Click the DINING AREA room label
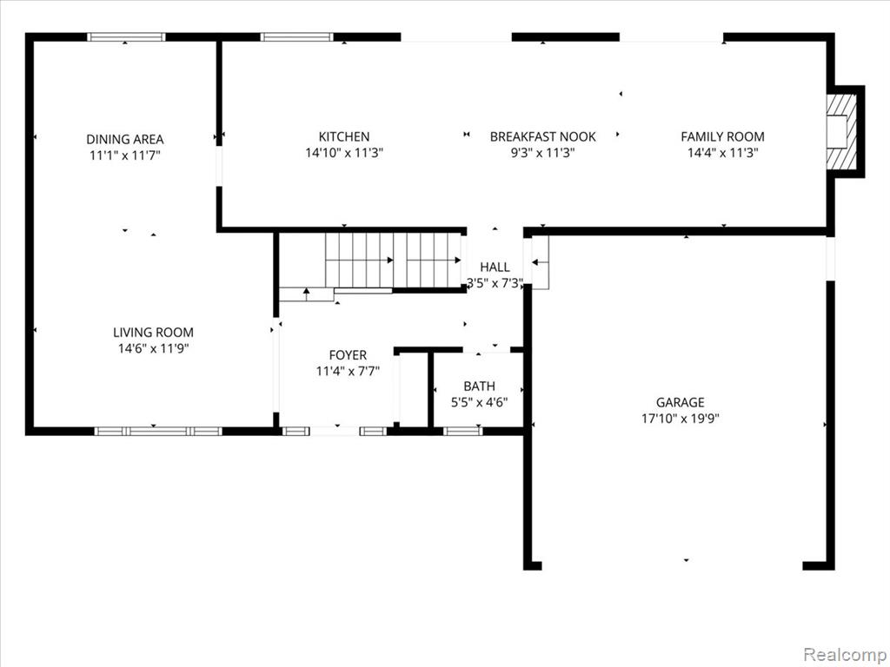click(125, 139)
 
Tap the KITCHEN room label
click(344, 136)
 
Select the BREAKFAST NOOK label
click(542, 136)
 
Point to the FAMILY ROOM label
click(722, 136)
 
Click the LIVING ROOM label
click(153, 333)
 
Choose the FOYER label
click(348, 355)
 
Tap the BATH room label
click(479, 386)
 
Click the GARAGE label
click(680, 402)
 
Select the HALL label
click(495, 267)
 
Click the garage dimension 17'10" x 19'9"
click(680, 419)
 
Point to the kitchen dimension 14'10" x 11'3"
click(344, 153)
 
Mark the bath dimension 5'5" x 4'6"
click(479, 403)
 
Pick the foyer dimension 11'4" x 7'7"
click(348, 372)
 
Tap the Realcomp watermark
click(844, 655)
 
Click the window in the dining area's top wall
click(126, 36)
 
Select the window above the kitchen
click(296, 36)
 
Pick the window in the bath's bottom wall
click(462, 431)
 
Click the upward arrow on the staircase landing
click(307, 294)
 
